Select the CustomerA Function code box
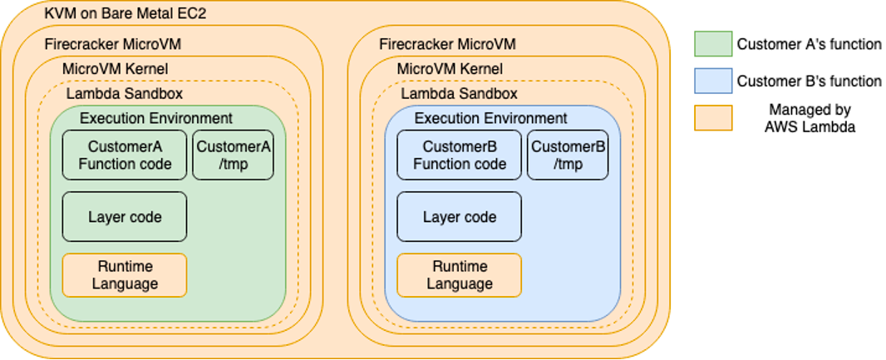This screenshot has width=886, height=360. click(x=125, y=155)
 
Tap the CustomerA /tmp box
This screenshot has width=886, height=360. click(x=234, y=155)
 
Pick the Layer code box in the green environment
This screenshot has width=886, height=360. click(x=125, y=217)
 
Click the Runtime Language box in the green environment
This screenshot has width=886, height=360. click(x=125, y=275)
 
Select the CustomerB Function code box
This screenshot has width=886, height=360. click(x=460, y=155)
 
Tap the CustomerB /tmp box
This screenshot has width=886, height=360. click(x=569, y=155)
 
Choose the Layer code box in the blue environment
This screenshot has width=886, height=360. click(x=460, y=217)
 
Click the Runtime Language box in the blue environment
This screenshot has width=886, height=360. click(x=460, y=275)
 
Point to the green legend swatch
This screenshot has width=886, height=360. click(x=713, y=44)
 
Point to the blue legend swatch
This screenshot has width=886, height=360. click(x=713, y=81)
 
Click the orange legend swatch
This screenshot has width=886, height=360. click(x=713, y=117)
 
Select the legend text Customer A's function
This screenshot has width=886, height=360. click(x=809, y=44)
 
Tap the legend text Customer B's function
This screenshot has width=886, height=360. click(x=809, y=81)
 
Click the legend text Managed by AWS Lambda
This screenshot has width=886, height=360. click(x=809, y=117)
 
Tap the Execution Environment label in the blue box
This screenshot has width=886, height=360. click(x=491, y=118)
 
